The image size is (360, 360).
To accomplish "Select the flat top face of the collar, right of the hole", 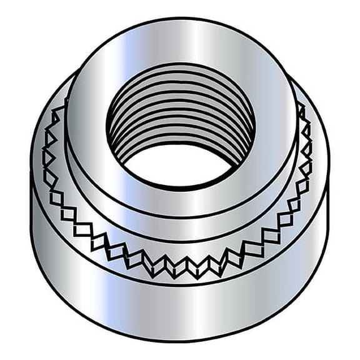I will (275, 125).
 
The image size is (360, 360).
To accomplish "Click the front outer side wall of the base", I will (181, 306).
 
